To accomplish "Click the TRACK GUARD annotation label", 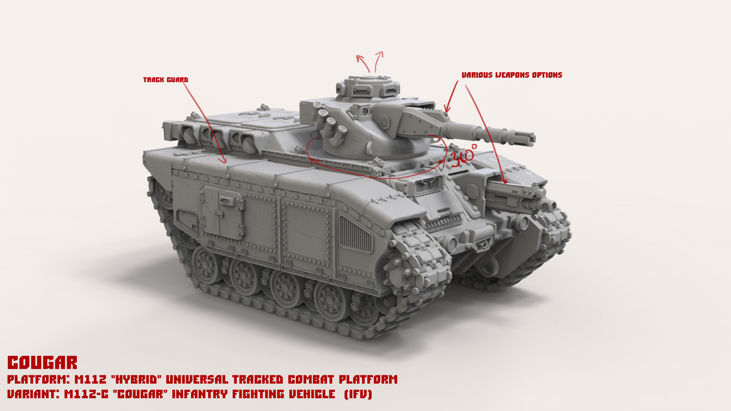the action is tap(166, 80).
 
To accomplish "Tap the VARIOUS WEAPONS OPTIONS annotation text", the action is tap(512, 75).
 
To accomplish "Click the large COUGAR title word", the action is tap(42, 363).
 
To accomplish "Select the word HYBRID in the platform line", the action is tap(136, 379).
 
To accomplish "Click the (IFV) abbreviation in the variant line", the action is tap(358, 394).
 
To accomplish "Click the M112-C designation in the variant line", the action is tap(86, 394).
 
